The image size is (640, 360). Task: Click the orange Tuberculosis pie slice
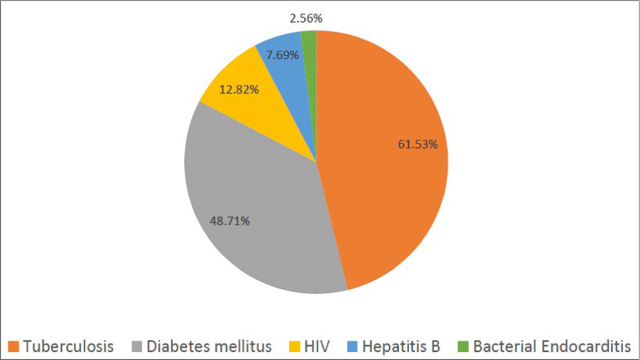coord(380,190)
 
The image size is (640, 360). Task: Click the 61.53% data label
coord(418,144)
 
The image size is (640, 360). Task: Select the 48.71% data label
coord(229,221)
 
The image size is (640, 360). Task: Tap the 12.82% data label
coord(238,89)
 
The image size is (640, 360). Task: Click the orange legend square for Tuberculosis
coord(14,347)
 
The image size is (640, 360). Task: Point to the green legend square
coord(463,347)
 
